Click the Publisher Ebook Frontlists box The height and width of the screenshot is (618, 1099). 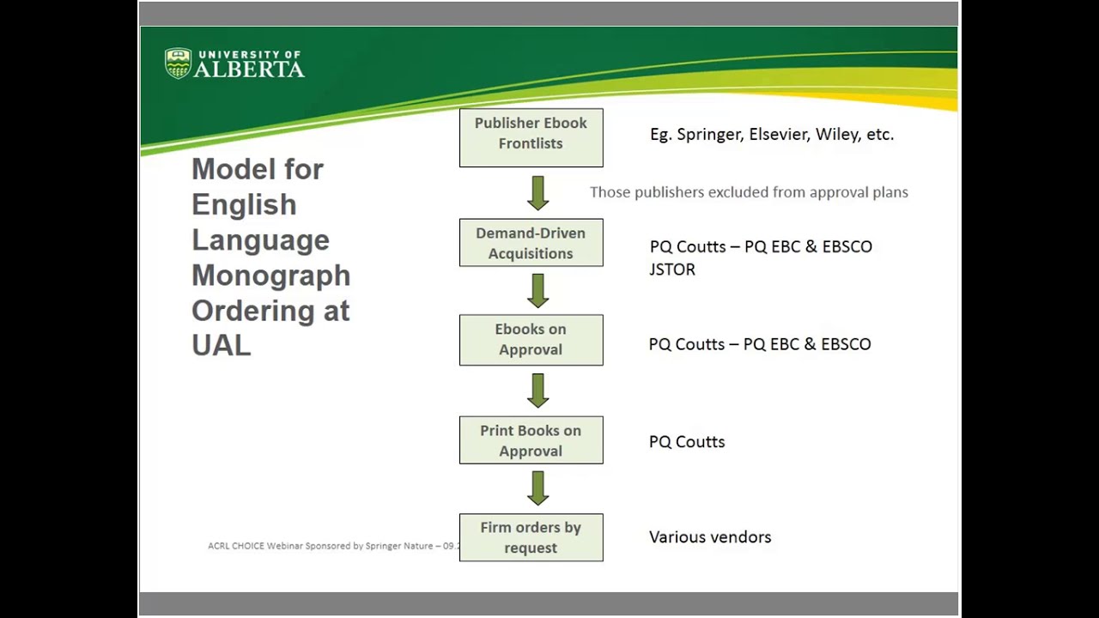click(531, 137)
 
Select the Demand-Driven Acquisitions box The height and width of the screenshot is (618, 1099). click(531, 243)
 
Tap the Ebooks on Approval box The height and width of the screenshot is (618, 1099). click(531, 340)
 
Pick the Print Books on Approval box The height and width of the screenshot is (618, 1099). click(531, 440)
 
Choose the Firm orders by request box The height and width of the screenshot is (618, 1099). click(531, 537)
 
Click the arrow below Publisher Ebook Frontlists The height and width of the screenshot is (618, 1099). click(538, 193)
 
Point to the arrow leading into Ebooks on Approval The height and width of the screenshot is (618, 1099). click(538, 291)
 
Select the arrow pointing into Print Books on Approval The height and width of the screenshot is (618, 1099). click(538, 391)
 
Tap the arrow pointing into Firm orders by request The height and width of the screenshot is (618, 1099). click(538, 488)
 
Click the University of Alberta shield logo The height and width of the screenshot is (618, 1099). click(178, 64)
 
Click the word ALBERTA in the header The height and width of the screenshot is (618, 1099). click(249, 70)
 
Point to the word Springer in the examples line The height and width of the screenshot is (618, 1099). click(708, 135)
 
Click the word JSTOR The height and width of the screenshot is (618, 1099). click(672, 270)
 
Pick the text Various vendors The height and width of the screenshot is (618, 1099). click(710, 537)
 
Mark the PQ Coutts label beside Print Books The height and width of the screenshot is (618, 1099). click(687, 442)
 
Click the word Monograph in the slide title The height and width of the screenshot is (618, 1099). click(270, 276)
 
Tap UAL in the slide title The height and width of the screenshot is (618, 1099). click(221, 346)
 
